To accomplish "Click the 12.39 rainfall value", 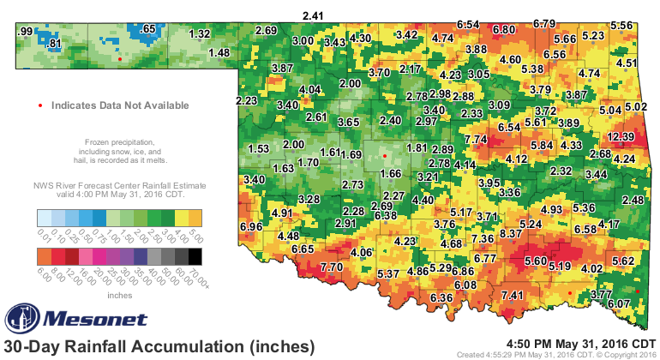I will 621,136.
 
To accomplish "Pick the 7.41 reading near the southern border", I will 513,296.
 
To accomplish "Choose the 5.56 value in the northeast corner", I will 623,26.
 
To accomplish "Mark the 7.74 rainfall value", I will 476,139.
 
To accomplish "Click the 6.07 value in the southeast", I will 619,303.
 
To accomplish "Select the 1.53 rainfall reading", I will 259,148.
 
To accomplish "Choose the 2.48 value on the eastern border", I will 633,200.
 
